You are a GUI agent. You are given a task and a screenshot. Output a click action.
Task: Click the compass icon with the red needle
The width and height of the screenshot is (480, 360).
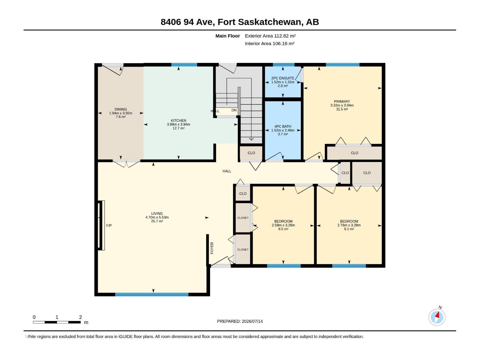(437, 317)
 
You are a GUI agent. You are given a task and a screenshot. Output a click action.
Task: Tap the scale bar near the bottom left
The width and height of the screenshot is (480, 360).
(57, 322)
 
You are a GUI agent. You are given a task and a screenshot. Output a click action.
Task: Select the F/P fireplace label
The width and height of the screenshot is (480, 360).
(109, 226)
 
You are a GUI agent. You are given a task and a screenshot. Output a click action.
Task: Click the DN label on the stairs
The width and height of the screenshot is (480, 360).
(234, 110)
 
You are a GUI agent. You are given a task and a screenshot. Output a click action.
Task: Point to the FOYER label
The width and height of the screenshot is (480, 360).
(212, 248)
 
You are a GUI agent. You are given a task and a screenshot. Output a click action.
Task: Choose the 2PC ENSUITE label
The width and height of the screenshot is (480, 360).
(283, 78)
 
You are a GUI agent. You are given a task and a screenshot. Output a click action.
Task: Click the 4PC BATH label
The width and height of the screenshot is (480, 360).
(283, 126)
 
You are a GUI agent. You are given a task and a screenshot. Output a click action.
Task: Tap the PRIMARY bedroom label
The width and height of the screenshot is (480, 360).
(342, 101)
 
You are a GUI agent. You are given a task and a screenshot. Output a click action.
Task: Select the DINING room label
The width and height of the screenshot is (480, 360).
(121, 109)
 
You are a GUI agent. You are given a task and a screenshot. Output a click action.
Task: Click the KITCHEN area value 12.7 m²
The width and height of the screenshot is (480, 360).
(178, 128)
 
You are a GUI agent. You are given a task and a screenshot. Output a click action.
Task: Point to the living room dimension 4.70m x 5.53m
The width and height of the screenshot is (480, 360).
(157, 217)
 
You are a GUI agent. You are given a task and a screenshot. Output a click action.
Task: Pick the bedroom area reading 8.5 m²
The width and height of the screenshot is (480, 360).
(283, 229)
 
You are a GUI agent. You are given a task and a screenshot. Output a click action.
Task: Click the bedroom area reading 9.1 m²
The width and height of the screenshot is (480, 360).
(349, 229)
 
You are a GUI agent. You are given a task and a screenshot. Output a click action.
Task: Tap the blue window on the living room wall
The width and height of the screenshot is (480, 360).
(152, 294)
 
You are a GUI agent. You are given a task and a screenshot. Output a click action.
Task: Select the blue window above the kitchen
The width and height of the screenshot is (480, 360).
(184, 65)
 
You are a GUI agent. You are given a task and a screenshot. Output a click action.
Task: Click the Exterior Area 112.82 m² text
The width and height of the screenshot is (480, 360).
(270, 36)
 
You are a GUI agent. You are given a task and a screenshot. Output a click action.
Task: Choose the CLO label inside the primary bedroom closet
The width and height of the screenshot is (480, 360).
(355, 153)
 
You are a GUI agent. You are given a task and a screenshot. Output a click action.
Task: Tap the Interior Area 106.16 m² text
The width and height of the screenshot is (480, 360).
(270, 43)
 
